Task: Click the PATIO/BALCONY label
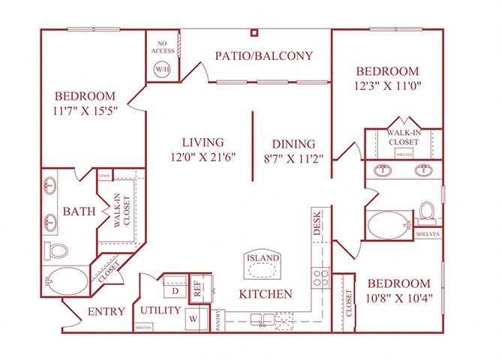pyautogui.click(x=263, y=55)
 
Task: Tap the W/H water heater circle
pyautogui.click(x=162, y=69)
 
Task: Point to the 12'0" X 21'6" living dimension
pyautogui.click(x=203, y=157)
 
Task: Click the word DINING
pyautogui.click(x=293, y=143)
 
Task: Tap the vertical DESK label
pyautogui.click(x=317, y=223)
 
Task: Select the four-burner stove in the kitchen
pyautogui.click(x=320, y=278)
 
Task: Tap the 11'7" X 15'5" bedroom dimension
pyautogui.click(x=86, y=111)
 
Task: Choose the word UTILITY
pyautogui.click(x=160, y=310)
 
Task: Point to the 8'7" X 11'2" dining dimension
pyautogui.click(x=293, y=158)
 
